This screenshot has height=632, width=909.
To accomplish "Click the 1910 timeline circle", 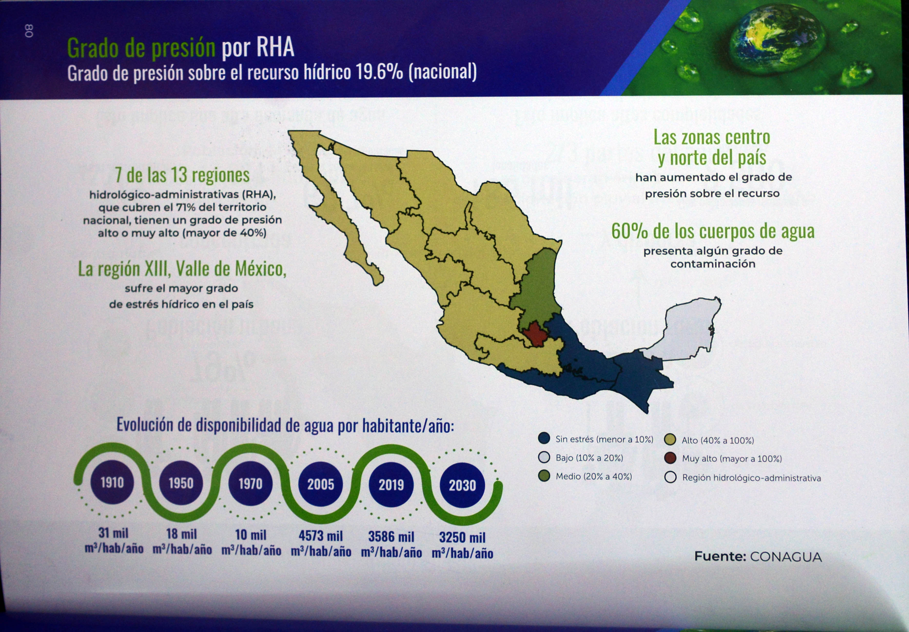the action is (112, 482).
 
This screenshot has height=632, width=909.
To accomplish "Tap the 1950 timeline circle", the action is (181, 483).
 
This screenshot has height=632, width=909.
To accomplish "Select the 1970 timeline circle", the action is (250, 483).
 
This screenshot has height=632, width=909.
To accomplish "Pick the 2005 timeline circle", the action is (321, 484).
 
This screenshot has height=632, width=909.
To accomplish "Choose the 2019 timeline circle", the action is (391, 485).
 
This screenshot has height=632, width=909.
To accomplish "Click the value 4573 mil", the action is (321, 536).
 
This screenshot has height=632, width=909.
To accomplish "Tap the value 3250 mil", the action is (462, 537).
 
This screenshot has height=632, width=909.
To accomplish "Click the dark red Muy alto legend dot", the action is (670, 458).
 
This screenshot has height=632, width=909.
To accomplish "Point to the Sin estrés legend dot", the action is (544, 438).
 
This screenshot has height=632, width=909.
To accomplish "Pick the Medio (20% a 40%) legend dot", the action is (544, 476).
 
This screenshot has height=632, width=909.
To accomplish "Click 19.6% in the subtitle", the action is (379, 72).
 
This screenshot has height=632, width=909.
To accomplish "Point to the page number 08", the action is (29, 31).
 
